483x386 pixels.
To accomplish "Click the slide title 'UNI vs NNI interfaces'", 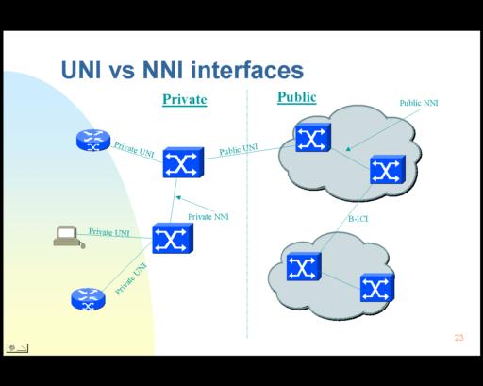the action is [182, 71].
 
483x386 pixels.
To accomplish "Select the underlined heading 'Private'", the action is [185, 99].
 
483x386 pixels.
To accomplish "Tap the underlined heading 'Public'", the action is [296, 97].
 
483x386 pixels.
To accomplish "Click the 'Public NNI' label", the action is [419, 103].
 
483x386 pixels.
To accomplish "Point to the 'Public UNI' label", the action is [238, 149].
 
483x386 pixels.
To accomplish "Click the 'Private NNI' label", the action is [208, 217].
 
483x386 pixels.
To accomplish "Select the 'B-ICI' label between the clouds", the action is [358, 219].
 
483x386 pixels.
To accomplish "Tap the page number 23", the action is [458, 338].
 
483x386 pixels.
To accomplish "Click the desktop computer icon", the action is [69, 237].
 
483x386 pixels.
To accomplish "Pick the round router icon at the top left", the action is [93, 140].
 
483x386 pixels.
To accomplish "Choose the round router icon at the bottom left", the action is [89, 299].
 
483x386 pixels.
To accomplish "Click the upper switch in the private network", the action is [183, 162].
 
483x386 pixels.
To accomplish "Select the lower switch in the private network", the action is [173, 238].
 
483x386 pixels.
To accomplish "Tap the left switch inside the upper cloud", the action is [313, 138].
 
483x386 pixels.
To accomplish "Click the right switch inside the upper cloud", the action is [388, 170].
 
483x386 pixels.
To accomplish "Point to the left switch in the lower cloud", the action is [304, 266].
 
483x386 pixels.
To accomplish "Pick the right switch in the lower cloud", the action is [377, 288].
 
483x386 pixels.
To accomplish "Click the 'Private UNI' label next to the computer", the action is [109, 232].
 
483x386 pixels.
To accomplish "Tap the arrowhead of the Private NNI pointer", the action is [178, 197].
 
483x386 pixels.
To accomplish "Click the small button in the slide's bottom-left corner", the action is [17, 348].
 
